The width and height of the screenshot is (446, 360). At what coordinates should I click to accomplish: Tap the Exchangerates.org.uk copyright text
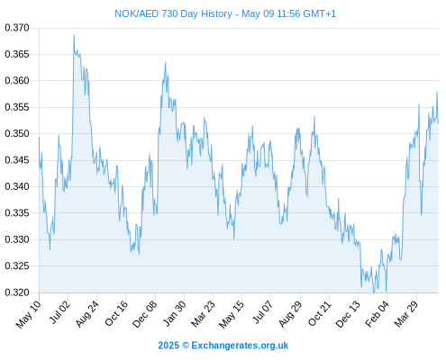tap(223, 346)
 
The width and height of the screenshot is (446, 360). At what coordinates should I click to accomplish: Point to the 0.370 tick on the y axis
tap(17, 28)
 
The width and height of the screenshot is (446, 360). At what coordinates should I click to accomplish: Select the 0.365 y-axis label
tap(17, 54)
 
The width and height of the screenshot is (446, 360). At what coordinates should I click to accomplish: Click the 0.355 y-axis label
tap(17, 107)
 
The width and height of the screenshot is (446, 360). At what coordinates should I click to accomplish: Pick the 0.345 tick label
tap(17, 160)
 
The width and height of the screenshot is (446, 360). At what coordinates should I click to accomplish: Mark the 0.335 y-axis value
tap(17, 213)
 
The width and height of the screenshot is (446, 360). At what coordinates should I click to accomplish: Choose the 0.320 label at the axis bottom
tap(17, 292)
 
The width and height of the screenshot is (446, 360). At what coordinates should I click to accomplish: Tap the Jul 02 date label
tap(60, 312)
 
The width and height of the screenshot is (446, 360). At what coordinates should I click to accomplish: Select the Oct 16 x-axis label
tap(116, 313)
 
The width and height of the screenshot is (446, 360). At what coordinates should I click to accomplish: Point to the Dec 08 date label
tap(145, 314)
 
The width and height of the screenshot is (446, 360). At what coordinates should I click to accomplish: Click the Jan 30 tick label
tap(175, 313)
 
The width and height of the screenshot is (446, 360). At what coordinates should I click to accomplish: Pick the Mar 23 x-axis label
tap(204, 314)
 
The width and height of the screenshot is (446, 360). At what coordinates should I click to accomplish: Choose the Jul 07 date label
tap(263, 312)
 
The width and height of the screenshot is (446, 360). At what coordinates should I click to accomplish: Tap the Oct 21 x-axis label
tap(320, 313)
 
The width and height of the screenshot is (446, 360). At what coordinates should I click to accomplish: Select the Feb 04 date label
tap(378, 313)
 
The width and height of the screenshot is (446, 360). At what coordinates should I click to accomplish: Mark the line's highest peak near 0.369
tap(74, 35)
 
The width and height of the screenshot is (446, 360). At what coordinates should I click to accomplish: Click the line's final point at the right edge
tap(438, 123)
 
